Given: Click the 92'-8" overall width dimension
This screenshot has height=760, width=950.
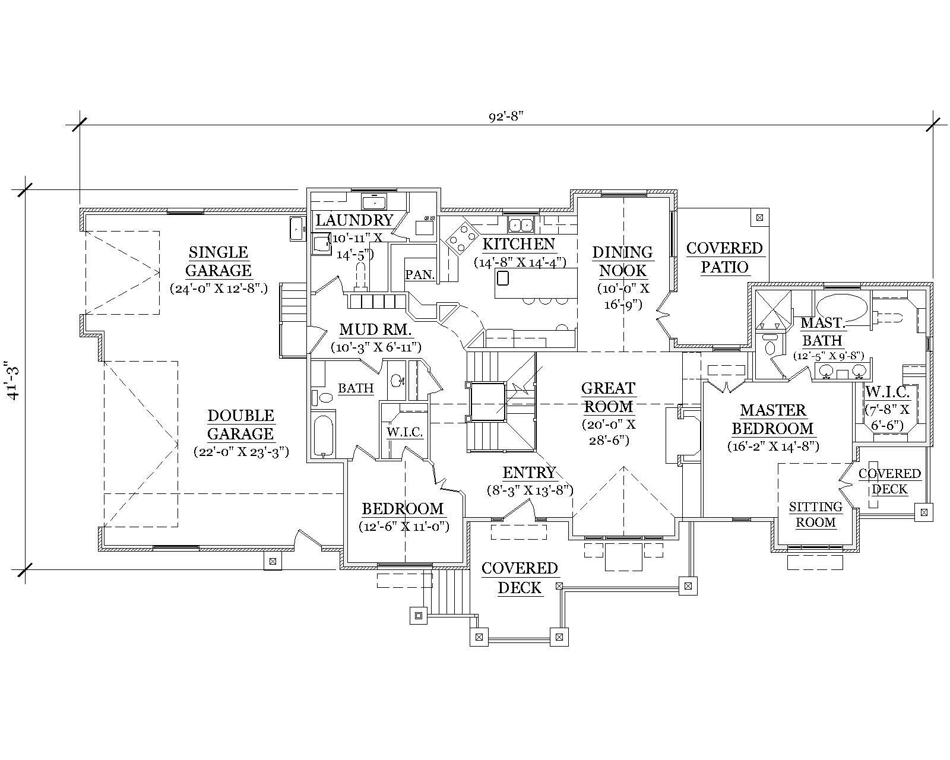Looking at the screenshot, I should click(505, 117).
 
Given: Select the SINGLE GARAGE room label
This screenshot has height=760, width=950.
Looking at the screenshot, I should click(218, 261).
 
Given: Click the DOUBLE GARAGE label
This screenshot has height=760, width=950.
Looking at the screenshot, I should click(240, 425).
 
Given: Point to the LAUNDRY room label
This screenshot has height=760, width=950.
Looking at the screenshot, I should click(354, 220).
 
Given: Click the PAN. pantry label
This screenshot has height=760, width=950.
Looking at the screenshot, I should click(420, 274).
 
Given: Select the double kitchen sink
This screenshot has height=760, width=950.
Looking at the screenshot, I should click(521, 225).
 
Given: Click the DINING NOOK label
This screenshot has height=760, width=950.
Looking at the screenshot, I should click(622, 261).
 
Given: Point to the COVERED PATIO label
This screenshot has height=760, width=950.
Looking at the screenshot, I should click(724, 257).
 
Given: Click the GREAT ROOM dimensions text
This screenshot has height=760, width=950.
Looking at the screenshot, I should click(609, 432).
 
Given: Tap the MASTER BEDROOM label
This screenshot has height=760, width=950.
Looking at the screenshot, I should click(772, 419).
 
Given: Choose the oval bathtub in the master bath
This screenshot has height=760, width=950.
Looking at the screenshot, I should click(841, 307).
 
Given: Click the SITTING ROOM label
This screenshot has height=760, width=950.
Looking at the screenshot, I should click(815, 515).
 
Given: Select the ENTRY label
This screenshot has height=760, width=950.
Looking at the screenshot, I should click(528, 473).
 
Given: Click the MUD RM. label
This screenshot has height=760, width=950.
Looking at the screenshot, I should click(375, 330).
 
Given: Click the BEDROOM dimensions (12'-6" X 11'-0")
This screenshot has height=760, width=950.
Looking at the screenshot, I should click(403, 527).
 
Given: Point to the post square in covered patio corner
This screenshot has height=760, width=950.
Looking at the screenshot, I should click(759, 217).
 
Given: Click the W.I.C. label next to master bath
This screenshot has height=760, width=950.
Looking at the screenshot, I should click(887, 392).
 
